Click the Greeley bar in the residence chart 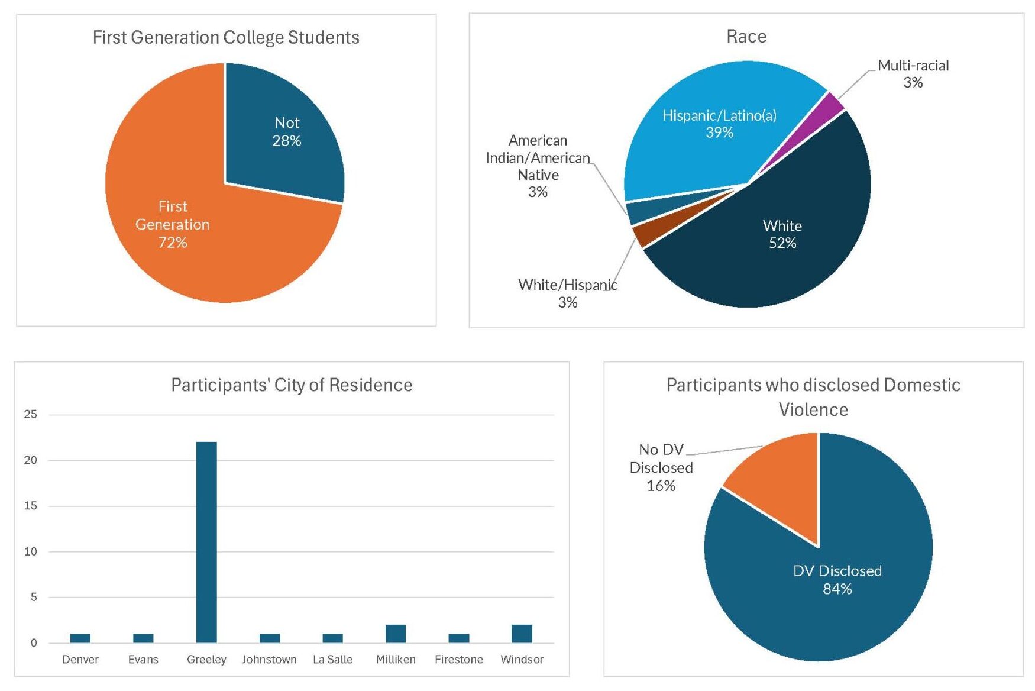pos(206,541)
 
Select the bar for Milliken pos(396,634)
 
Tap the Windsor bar pos(522,634)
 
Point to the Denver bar pos(80,638)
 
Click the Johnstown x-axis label pos(269,659)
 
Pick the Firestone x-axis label pos(458,659)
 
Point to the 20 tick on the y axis pos(31,460)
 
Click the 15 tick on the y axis pos(31,506)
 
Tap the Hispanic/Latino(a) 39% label pos(719,124)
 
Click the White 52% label pos(782,234)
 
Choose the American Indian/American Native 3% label pos(538,166)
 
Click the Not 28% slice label pos(287,131)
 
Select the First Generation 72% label pos(172,224)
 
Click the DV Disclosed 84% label pos(837,580)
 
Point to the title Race pos(746,37)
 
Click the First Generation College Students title pos(226,37)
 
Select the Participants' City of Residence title pos(292,385)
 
